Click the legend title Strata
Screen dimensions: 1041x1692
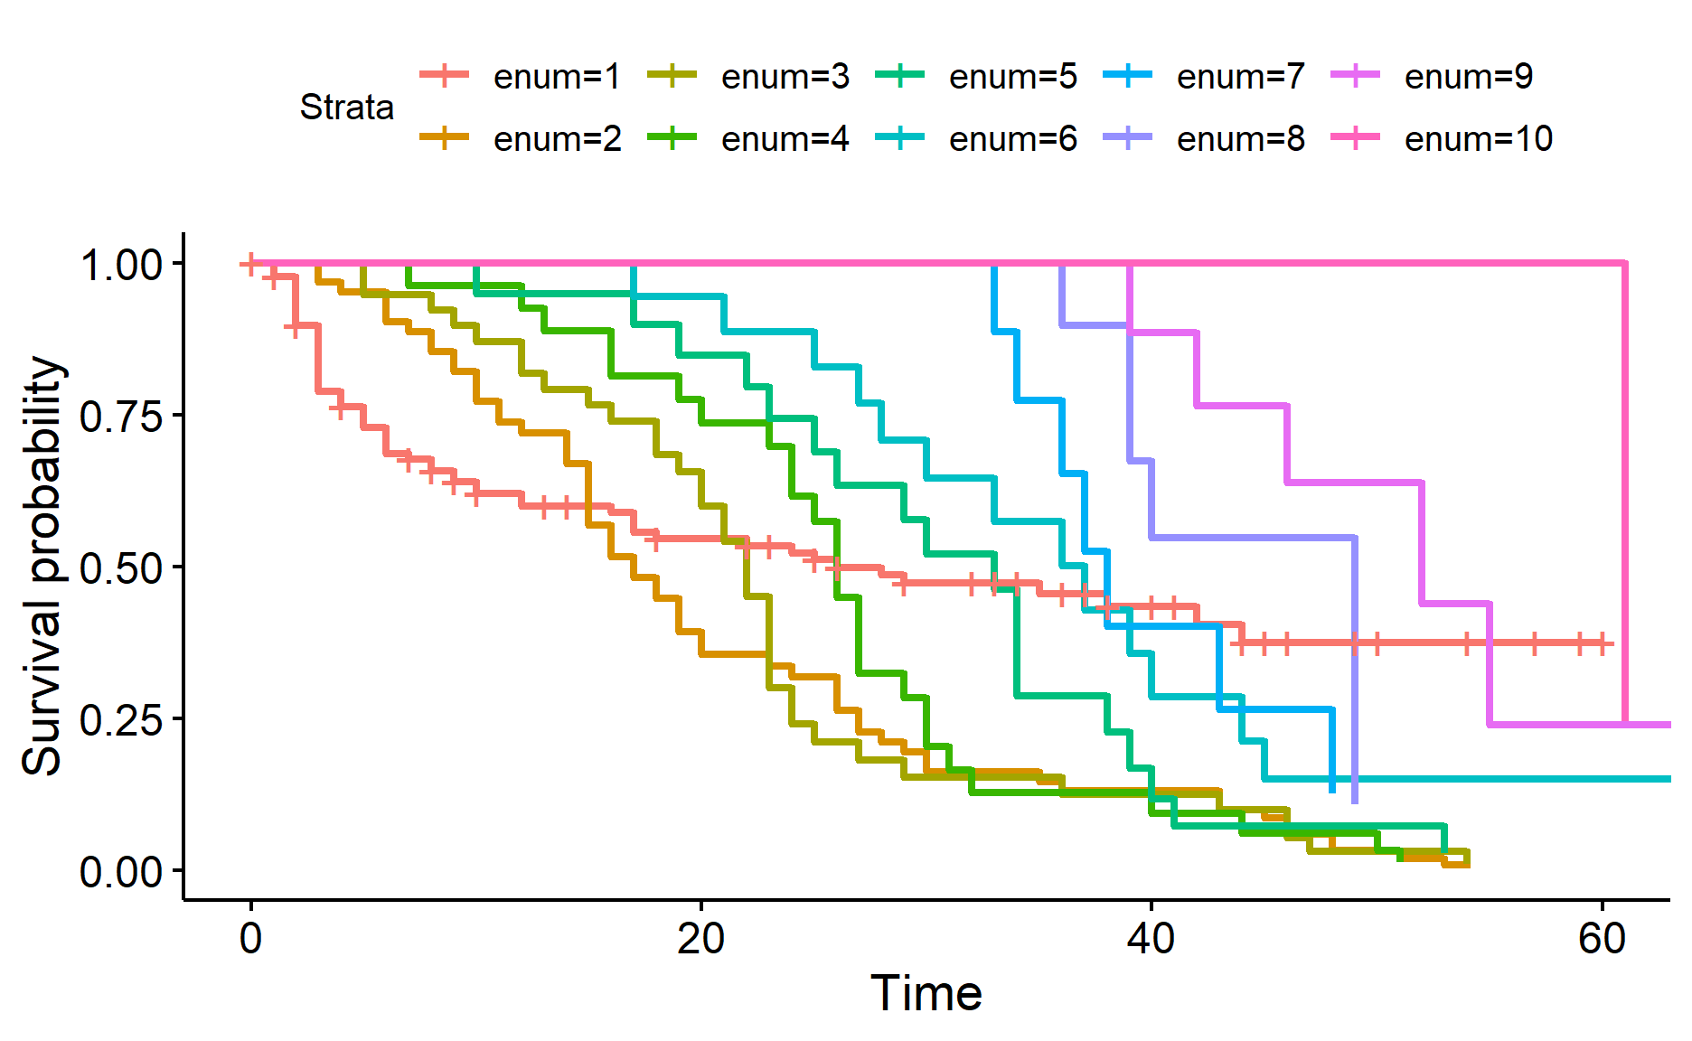(347, 108)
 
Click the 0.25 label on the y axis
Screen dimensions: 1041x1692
(121, 720)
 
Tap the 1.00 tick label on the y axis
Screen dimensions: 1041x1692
(121, 265)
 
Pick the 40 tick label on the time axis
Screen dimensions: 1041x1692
(1151, 940)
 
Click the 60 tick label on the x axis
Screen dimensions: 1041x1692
(1602, 940)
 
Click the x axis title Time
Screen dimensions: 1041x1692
(926, 993)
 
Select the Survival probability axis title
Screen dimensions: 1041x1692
(42, 566)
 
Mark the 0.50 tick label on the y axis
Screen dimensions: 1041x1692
(121, 568)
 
